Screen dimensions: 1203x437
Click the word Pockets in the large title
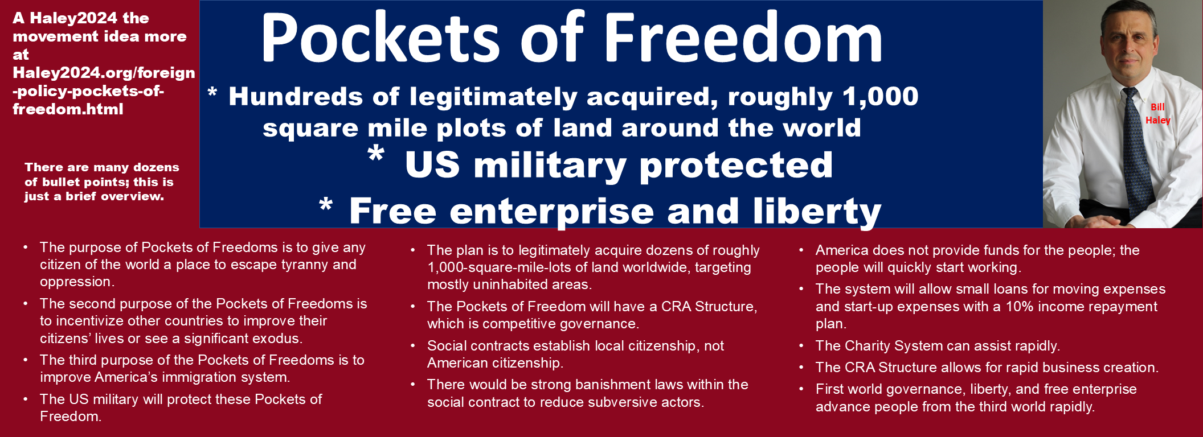380,38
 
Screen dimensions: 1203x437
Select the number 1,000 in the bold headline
881,96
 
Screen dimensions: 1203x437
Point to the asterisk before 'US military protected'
376,154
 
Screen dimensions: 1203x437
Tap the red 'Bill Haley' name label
1157,113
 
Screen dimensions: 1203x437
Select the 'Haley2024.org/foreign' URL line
104,73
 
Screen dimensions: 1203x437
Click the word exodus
277,339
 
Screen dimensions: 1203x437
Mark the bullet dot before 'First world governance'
801,389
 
